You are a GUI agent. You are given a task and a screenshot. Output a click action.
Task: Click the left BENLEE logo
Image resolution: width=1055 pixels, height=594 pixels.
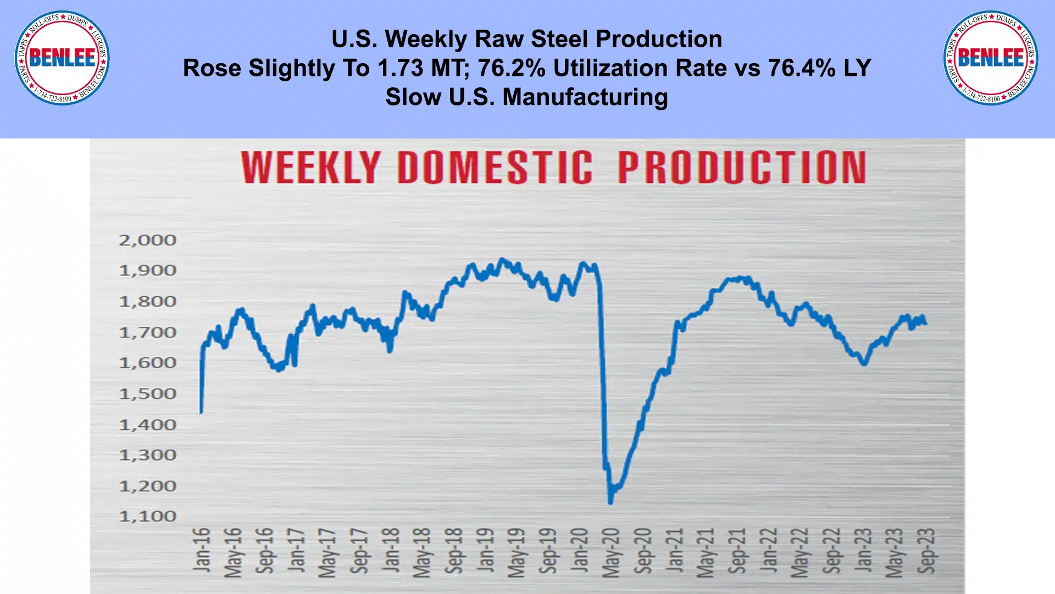(x=62, y=58)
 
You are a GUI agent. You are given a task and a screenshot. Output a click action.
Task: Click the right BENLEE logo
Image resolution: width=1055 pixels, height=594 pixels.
(x=990, y=58)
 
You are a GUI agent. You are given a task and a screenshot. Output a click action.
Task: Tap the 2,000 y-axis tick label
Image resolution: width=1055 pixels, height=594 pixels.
(x=147, y=240)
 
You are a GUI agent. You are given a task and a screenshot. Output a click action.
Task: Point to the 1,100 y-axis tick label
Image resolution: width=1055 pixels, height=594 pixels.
(x=147, y=517)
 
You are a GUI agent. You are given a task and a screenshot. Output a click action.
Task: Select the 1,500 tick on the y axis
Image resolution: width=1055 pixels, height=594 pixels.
(x=147, y=394)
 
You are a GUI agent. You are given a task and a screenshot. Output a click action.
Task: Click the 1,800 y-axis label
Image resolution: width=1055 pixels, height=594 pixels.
(x=147, y=302)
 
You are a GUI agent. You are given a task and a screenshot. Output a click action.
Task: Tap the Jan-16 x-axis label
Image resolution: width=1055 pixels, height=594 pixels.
(x=202, y=549)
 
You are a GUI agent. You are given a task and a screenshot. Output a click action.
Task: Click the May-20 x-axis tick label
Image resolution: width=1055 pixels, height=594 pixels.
(x=611, y=553)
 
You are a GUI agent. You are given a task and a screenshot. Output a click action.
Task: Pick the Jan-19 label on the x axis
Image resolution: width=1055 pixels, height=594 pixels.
(x=485, y=549)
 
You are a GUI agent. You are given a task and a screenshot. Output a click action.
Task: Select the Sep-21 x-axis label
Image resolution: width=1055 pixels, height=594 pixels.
(x=737, y=551)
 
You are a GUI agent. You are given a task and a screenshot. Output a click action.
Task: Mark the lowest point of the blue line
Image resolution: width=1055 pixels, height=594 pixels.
(x=610, y=502)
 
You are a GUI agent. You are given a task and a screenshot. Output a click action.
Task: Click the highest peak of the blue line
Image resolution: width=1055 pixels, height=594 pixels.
(x=501, y=259)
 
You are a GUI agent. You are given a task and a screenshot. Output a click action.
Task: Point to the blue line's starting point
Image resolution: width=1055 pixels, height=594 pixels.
(x=201, y=412)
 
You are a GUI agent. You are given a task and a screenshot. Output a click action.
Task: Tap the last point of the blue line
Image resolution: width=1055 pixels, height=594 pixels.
(x=926, y=324)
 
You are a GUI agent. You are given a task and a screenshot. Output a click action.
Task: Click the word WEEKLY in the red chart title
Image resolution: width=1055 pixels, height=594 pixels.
(x=310, y=167)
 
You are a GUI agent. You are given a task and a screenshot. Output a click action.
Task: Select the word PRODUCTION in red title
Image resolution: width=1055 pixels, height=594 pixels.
(x=742, y=167)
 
